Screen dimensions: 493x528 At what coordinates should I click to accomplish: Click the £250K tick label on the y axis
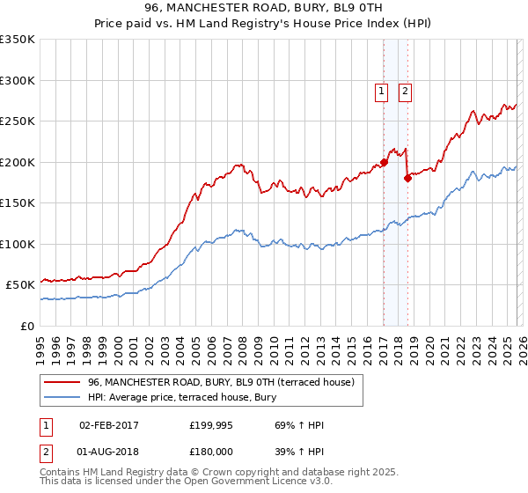click(18, 121)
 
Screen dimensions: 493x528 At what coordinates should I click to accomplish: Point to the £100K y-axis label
click(18, 244)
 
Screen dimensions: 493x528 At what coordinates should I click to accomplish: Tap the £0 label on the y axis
click(28, 326)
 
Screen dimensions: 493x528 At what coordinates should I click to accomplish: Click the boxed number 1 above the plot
click(382, 90)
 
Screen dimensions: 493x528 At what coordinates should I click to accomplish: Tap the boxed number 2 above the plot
click(405, 90)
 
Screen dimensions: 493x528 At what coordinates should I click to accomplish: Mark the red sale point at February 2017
click(384, 163)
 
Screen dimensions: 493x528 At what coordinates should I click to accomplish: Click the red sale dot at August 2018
click(407, 179)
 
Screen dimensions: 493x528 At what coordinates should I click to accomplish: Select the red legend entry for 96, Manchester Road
click(220, 382)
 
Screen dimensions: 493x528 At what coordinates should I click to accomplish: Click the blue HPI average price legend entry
click(181, 398)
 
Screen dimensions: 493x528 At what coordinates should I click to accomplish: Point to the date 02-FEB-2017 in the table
click(109, 425)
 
